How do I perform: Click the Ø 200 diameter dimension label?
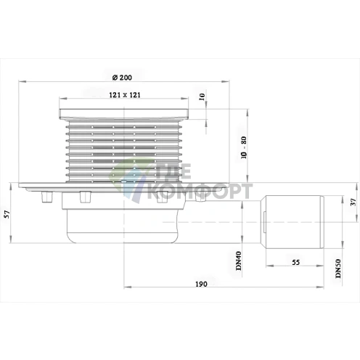coord(122,78)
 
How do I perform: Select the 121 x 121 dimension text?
coord(125,95)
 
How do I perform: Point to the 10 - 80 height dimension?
coord(244,147)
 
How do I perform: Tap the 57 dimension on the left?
coord(7,214)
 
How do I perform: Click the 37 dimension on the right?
coord(353,202)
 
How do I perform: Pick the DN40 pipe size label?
coord(238,261)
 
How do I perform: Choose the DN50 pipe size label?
coord(338,269)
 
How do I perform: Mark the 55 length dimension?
coord(295,262)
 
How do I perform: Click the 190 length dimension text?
coord(201,284)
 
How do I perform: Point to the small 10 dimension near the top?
coord(202,97)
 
